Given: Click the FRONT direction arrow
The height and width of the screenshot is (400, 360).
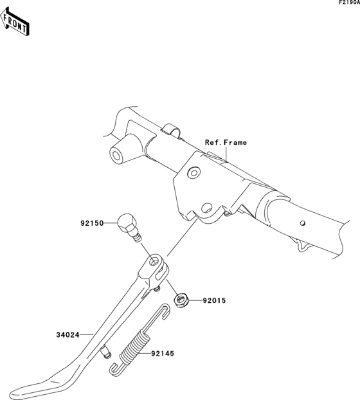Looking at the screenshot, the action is [x=15, y=22].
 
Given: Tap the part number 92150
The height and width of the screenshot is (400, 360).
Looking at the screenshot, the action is [x=93, y=223].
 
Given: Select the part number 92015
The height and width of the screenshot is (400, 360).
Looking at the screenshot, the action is [x=215, y=300].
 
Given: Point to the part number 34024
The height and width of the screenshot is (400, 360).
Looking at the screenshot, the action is [x=67, y=334].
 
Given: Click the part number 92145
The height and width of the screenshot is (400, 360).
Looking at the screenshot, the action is [x=163, y=354].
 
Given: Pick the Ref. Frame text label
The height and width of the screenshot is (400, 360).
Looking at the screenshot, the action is [x=226, y=142].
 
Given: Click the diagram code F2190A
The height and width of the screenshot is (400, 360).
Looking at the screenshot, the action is [x=349, y=3].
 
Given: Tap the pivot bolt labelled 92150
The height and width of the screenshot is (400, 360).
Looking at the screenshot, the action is [x=129, y=227].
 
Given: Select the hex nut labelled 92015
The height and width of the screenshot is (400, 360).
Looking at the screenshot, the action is [x=181, y=300].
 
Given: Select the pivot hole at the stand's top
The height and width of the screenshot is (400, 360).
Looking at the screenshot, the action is [x=155, y=262].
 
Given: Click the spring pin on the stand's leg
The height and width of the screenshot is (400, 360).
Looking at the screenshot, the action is [x=106, y=351].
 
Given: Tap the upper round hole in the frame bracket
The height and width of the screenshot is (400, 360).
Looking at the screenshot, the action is [x=194, y=173].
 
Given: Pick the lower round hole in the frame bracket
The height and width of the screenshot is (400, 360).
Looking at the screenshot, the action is [x=207, y=208].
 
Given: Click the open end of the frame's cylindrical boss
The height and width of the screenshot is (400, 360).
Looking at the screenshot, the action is [x=116, y=154].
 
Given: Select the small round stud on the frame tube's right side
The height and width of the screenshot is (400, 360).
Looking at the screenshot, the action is [x=303, y=223].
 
